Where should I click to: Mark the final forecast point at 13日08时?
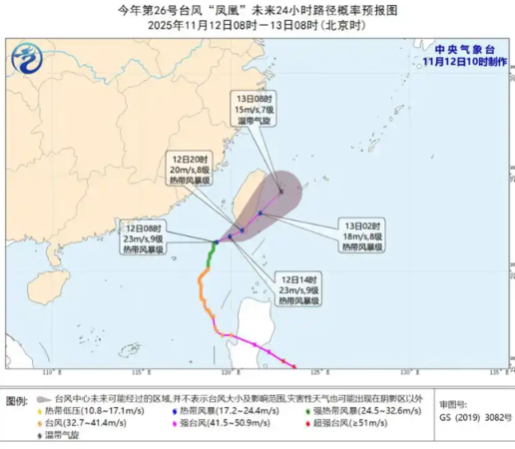[x=282, y=193]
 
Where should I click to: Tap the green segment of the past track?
[x=210, y=258]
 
